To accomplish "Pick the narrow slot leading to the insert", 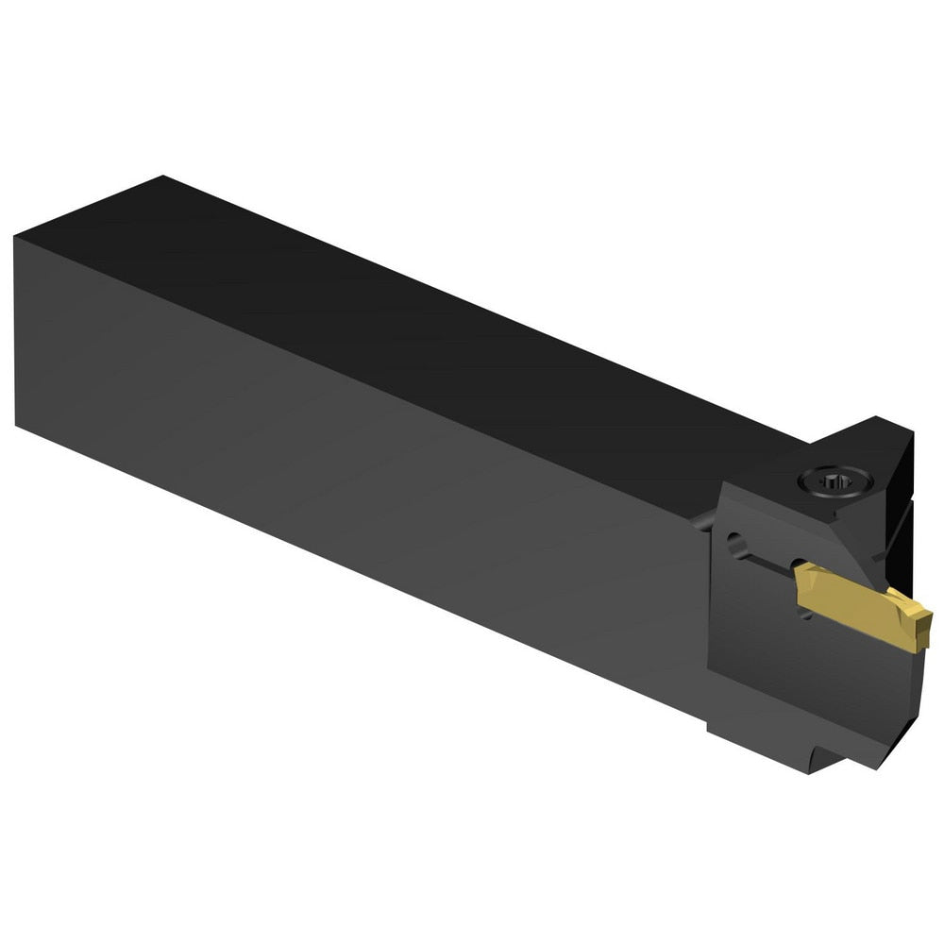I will pyautogui.click(x=769, y=563).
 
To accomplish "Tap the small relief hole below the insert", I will pyautogui.click(x=804, y=615).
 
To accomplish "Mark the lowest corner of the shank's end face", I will pyautogui.click(x=16, y=422).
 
